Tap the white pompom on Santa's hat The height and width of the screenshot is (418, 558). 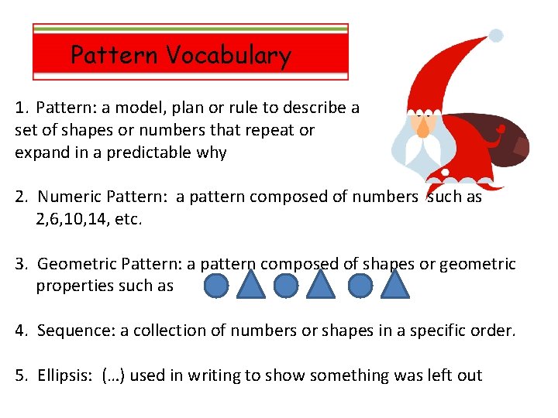[496, 35]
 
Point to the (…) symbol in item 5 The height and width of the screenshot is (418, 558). [115, 375]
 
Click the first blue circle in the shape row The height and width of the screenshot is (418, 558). [216, 286]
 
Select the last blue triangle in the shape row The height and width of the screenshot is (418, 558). [396, 284]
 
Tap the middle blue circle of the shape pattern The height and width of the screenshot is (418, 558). [286, 286]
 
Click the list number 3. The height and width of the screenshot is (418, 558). [20, 264]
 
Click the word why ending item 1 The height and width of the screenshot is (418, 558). [211, 152]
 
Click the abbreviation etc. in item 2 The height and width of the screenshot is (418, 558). [129, 219]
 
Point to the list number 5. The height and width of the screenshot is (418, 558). [20, 375]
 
